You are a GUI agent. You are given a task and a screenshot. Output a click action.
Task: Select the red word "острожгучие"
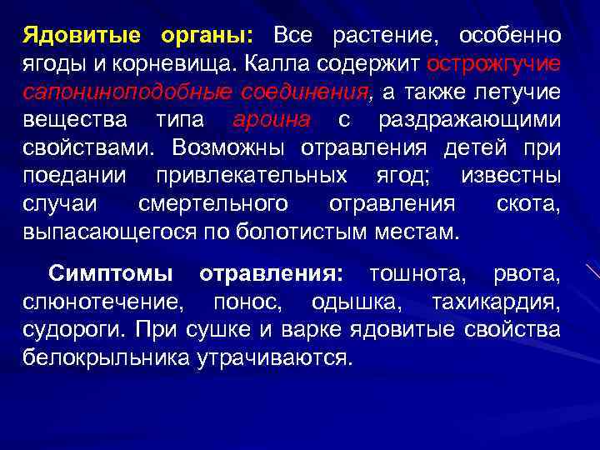(x=493, y=65)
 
